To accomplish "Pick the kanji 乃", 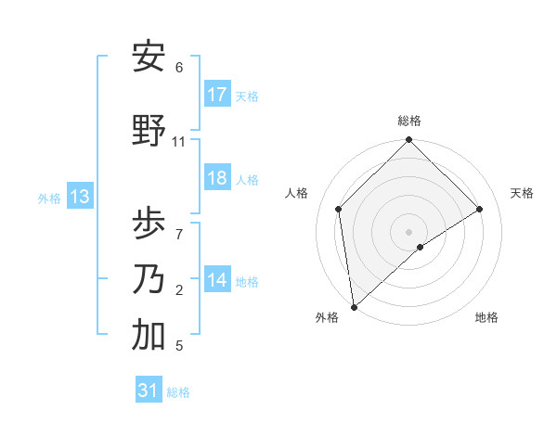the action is click(x=149, y=278).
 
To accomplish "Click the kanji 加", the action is click(x=149, y=336).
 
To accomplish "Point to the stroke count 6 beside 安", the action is click(x=179, y=68).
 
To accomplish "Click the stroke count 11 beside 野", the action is click(x=179, y=142).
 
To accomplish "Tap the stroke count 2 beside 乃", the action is click(x=179, y=290).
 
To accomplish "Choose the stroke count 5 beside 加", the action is click(x=179, y=346).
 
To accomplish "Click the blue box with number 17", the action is click(x=217, y=95).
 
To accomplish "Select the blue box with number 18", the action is click(x=217, y=178).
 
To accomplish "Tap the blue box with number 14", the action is click(x=217, y=280).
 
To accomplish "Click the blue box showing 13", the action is click(x=79, y=197).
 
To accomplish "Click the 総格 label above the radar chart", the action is click(x=409, y=121).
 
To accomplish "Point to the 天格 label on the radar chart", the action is click(x=522, y=193).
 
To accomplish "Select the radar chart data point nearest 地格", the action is click(x=421, y=247).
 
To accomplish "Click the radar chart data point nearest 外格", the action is click(x=354, y=307).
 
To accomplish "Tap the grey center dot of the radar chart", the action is click(x=408, y=231).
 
